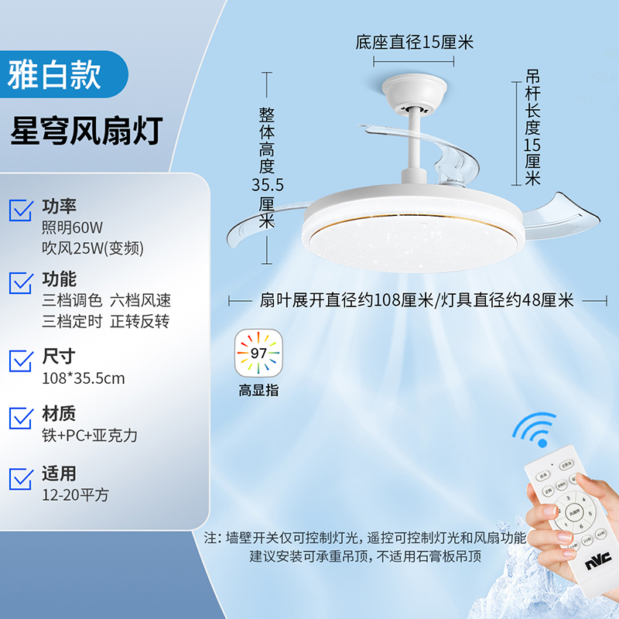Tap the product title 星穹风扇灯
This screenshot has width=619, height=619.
[x=85, y=131]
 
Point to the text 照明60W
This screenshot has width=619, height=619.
[x=72, y=227]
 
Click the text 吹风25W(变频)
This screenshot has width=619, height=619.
[x=93, y=248]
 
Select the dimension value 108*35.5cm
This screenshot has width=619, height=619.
[x=83, y=378]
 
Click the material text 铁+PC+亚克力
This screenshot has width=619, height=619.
[x=89, y=436]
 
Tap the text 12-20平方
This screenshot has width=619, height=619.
[x=75, y=494]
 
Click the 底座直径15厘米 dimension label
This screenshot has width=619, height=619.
[x=414, y=42]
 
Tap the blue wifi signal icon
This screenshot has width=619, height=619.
[x=536, y=430]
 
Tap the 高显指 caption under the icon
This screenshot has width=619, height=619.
[x=258, y=391]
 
